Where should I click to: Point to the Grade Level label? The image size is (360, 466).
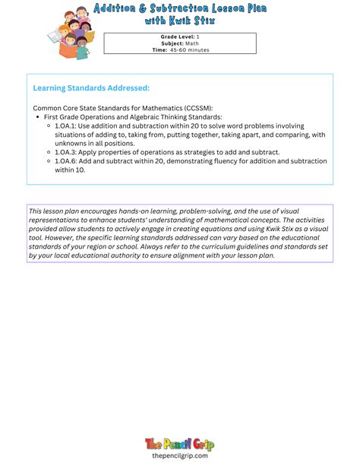(176, 36)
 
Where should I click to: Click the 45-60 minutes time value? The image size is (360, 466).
(189, 50)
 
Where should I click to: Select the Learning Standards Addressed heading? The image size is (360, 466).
(91, 88)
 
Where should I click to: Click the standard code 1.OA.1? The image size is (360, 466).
(66, 125)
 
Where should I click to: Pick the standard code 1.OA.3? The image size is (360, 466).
(66, 152)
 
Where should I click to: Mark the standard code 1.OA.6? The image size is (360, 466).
(66, 161)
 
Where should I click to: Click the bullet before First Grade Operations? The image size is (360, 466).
(38, 117)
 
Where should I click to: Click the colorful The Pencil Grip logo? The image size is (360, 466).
(179, 443)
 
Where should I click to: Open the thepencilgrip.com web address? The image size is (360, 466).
(179, 455)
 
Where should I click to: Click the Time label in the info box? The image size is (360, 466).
(159, 50)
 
